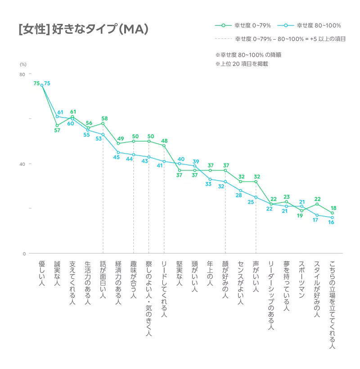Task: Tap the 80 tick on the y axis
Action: tap(22, 74)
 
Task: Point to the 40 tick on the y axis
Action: tap(22, 164)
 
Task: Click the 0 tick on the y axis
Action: tap(24, 254)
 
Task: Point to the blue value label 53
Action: tap(99, 139)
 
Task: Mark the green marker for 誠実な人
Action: tap(57, 126)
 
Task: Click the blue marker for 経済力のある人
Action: tap(118, 152)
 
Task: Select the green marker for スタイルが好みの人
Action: tap(317, 204)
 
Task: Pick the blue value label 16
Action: tap(331, 223)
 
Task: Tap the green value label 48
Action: tap(165, 141)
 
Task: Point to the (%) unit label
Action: tap(23, 64)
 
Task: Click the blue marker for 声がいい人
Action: tap(256, 197)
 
